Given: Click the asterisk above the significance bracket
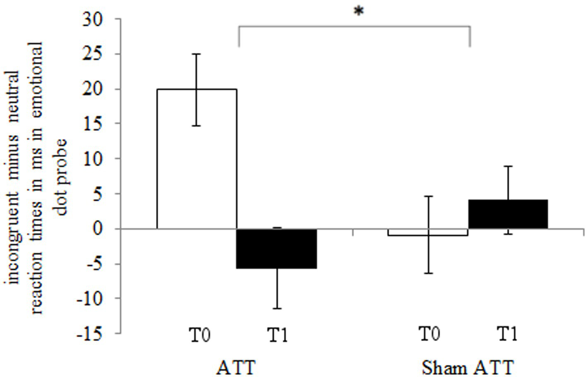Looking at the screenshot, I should [358, 11].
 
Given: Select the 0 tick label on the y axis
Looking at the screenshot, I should [103, 229].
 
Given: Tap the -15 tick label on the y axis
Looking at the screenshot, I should [90, 333].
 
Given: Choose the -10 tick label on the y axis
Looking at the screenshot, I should [90, 298].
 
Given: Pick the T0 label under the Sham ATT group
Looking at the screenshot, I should [429, 333].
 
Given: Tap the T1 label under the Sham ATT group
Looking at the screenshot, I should [507, 333].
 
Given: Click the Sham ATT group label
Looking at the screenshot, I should [468, 367].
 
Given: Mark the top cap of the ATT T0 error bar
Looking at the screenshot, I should [197, 54].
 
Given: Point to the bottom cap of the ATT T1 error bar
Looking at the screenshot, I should [277, 309].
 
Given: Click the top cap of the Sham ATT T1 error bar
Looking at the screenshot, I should [508, 166].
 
